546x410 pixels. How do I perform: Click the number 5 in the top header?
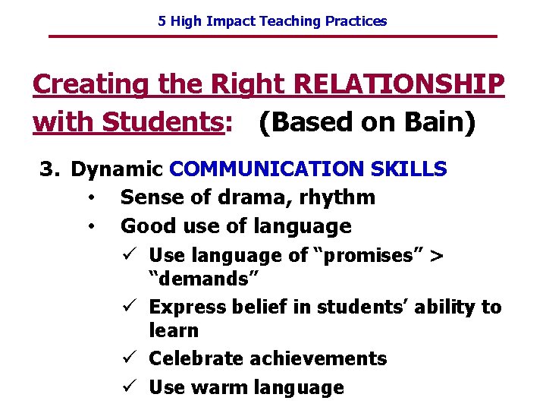point(162,21)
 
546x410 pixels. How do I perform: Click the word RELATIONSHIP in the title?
point(399,84)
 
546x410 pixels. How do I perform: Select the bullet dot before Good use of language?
point(90,226)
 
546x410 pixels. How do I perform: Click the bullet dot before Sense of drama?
point(90,198)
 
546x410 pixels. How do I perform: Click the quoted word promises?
point(367,255)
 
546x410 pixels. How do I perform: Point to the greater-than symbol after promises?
point(436,255)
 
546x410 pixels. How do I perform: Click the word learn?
point(174,330)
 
